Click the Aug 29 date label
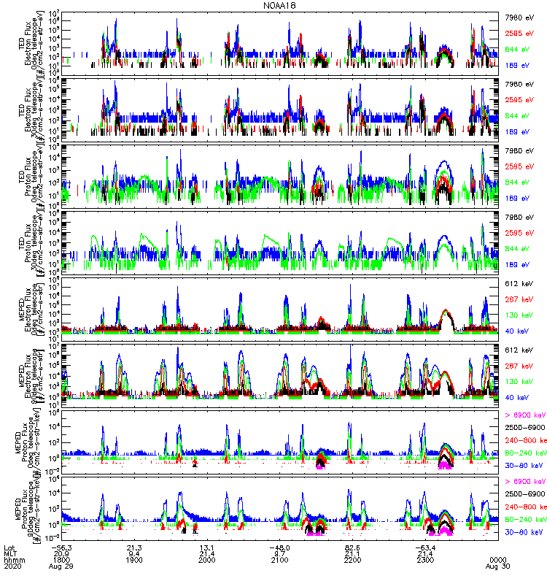61,566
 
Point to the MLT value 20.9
61,553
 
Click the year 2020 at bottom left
13,566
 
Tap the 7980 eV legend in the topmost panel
519,15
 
